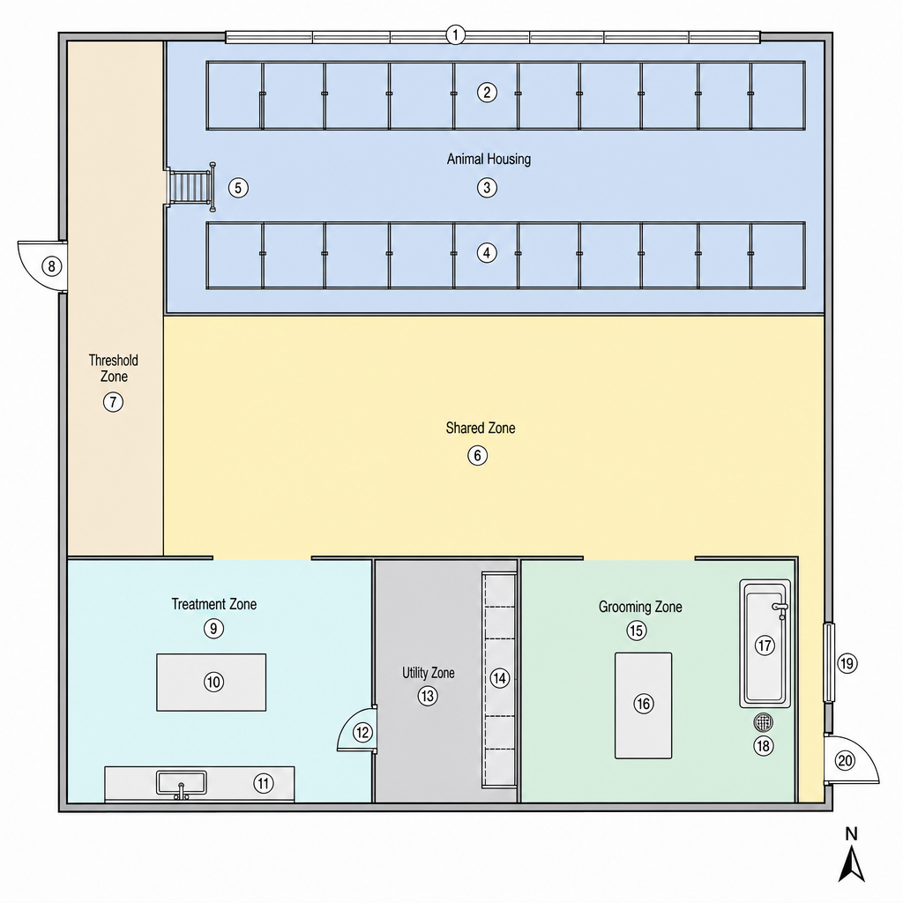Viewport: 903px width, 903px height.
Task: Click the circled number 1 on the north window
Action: (455, 35)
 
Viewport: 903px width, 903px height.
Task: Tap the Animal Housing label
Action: (489, 159)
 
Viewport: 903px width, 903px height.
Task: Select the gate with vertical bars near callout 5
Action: (191, 187)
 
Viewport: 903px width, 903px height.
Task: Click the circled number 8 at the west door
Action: (52, 266)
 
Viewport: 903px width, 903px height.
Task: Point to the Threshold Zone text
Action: (114, 369)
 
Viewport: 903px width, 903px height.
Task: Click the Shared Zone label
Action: (481, 428)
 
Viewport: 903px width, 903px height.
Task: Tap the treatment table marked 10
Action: (212, 683)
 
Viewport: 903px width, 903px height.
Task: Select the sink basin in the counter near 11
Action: (182, 783)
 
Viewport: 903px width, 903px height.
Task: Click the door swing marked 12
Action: (357, 729)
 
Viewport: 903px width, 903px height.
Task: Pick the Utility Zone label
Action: (429, 673)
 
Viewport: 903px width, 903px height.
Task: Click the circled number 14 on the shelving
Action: (500, 678)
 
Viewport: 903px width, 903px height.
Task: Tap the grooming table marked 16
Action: (643, 705)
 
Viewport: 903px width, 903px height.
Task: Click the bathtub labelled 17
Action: (765, 644)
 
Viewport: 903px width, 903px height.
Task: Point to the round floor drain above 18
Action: (763, 721)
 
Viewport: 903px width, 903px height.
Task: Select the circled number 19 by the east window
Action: (847, 663)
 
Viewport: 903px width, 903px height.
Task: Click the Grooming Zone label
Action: (640, 607)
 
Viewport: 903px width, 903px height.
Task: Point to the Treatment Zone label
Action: (214, 604)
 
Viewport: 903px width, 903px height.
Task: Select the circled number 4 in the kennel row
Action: (487, 253)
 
